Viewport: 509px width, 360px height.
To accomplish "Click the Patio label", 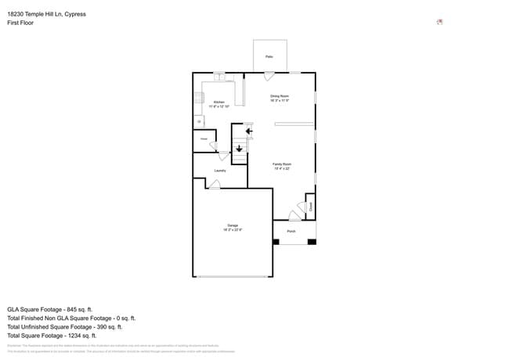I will pos(269,57).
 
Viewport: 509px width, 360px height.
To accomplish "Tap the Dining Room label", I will pos(280,96).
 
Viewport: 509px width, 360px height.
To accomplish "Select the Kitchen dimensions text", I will pos(219,106).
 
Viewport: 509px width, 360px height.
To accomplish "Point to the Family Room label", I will pos(281,164).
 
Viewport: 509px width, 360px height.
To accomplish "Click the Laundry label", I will pos(220,171).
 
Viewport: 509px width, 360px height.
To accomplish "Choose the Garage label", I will pos(233,225).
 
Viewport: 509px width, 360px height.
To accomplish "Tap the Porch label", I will pos(291,232).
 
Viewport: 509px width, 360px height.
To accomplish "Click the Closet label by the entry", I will pos(310,207).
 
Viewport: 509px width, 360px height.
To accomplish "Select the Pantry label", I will pos(204,139).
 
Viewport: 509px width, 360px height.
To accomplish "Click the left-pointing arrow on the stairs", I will pos(248,131).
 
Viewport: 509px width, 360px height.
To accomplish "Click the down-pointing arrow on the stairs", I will pos(239,148).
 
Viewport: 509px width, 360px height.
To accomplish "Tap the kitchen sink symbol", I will pos(219,77).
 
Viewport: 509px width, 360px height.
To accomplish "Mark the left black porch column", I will pos(276,241).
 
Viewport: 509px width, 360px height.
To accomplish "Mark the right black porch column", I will pos(312,241).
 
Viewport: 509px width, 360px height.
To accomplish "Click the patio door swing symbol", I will pos(269,77).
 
